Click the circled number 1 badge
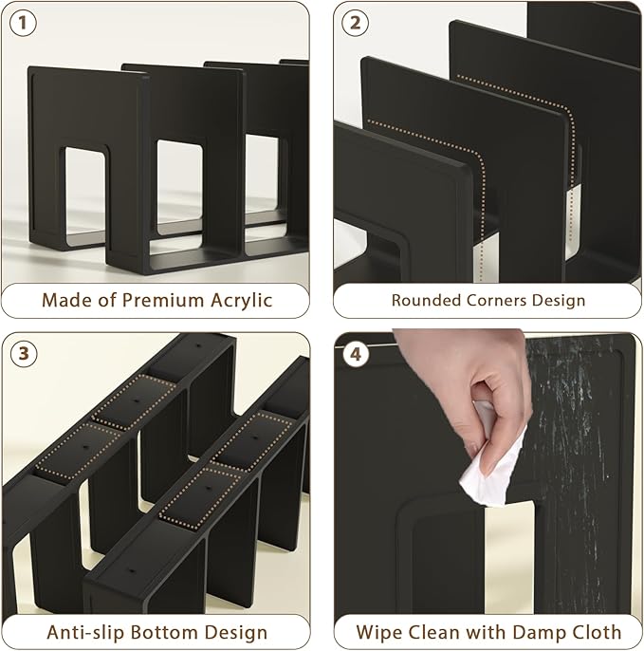(x=23, y=23)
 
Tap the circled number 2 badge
(x=355, y=23)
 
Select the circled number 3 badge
(x=24, y=354)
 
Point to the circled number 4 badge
(x=356, y=354)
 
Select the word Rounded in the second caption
(x=426, y=300)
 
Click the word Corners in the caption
(x=497, y=300)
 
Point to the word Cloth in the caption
(x=596, y=632)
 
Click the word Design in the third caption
(x=235, y=633)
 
